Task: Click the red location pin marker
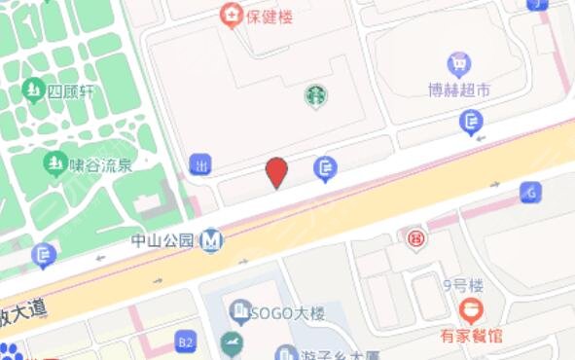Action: tap(277, 172)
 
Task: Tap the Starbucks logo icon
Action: tap(316, 95)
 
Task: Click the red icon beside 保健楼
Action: tap(231, 15)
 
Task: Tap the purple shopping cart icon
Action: tap(459, 64)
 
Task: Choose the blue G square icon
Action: tap(530, 192)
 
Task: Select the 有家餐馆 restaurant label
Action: tap(470, 337)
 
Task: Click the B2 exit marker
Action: tap(185, 341)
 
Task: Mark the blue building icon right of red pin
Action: tap(326, 169)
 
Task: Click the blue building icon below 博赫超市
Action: tap(471, 123)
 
